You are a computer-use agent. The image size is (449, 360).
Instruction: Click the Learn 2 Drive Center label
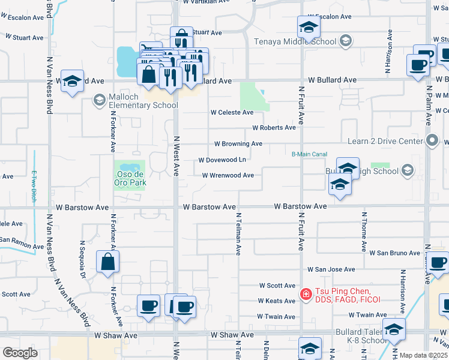(385, 142)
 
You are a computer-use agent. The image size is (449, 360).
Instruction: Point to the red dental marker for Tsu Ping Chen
(306, 294)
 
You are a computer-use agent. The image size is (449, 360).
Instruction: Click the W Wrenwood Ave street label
(232, 175)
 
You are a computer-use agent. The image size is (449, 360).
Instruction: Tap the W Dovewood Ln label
(222, 160)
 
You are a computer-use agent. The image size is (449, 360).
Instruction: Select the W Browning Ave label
(238, 144)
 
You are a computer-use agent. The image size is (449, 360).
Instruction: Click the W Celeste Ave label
(232, 113)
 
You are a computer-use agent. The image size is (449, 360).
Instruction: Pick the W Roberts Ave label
(274, 128)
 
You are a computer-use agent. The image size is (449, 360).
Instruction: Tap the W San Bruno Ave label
(394, 253)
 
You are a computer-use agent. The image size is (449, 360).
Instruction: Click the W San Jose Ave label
(331, 270)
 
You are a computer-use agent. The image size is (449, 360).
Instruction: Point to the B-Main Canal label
(310, 154)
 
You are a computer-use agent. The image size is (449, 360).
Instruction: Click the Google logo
(20, 352)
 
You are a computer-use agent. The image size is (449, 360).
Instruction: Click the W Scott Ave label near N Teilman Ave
(277, 286)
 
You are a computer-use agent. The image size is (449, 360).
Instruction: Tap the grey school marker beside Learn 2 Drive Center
(432, 142)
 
